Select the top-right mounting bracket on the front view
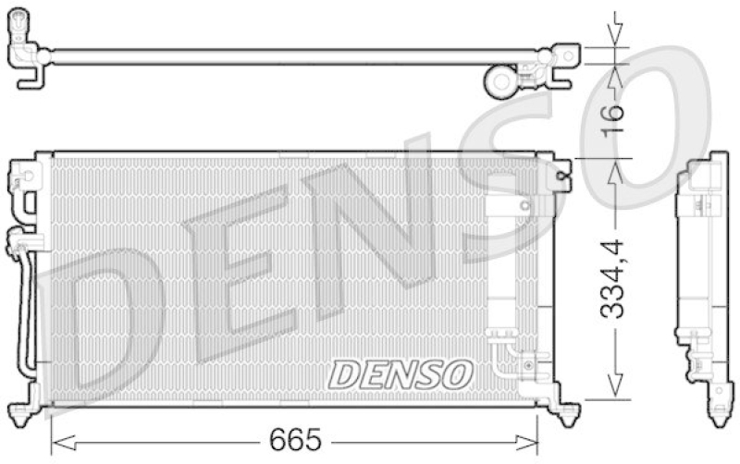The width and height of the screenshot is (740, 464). click(x=558, y=171)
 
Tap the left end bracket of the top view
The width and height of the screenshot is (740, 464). click(x=29, y=61)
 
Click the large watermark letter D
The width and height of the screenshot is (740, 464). click(x=102, y=333)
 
